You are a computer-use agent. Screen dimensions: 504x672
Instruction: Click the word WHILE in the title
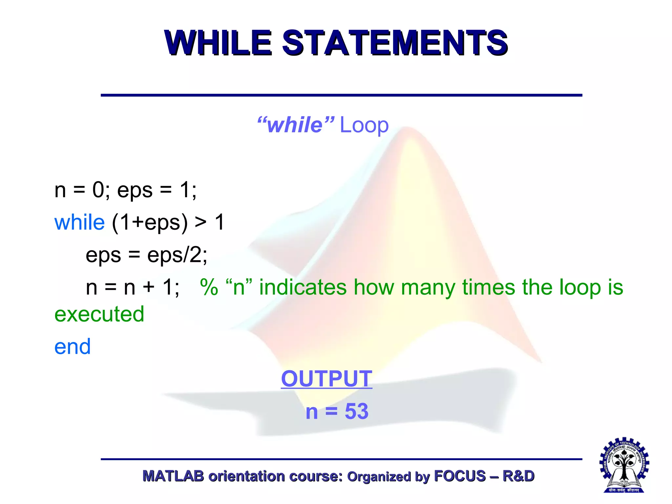point(218,43)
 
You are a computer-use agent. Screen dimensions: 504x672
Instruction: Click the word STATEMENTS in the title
point(395,43)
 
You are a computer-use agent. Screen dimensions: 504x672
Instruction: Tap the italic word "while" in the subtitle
point(295,125)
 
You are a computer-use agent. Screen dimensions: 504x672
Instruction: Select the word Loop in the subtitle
point(364,125)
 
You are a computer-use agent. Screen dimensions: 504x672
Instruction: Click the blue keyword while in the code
point(79,222)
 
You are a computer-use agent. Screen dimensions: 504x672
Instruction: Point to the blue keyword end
point(73,347)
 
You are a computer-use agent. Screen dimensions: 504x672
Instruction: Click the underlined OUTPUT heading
point(326,379)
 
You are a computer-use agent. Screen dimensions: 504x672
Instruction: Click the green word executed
point(99,314)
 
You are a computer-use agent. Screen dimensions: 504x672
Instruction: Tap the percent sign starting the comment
point(209,287)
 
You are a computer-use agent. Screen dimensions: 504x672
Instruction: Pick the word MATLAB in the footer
point(173,476)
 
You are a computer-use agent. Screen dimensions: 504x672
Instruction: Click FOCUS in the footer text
point(460,476)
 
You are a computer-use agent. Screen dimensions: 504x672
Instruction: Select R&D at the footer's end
point(518,476)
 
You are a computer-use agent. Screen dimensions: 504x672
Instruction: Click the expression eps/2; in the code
point(177,255)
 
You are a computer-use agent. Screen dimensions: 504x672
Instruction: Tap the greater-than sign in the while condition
point(200,222)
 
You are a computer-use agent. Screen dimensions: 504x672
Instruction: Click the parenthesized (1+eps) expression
point(150,222)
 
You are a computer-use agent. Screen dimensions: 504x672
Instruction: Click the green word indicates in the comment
point(303,287)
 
